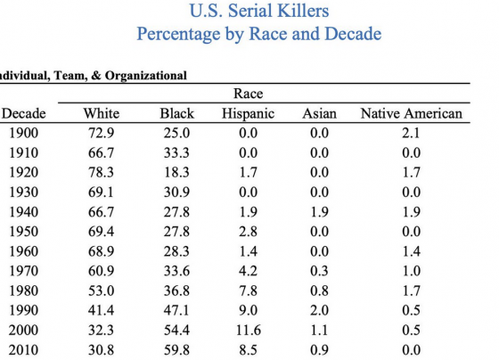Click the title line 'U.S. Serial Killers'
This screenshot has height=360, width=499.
259,11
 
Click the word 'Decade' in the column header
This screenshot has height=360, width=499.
23,114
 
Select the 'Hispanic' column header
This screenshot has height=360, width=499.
249,114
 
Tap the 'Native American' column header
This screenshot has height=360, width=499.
411,114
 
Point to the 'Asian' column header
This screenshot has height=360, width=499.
320,114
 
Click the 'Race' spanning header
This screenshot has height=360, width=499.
249,94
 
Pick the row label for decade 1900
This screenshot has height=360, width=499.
23,133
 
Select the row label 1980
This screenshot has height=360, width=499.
23,290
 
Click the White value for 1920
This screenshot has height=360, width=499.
101,173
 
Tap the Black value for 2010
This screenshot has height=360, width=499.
176,350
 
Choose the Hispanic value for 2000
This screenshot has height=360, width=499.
249,331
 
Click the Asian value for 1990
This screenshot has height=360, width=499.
320,310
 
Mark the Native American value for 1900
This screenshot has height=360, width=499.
411,133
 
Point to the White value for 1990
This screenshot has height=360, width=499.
101,310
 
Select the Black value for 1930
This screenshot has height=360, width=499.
176,192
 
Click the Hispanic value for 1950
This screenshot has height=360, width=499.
249,232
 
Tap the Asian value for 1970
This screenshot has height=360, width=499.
320,271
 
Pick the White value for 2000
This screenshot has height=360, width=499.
101,331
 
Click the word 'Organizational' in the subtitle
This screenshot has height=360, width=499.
146,76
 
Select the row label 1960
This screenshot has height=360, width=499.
23,251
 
